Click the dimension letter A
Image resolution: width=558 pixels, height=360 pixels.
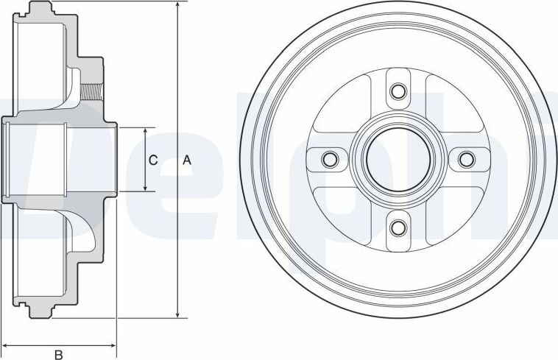[187, 160]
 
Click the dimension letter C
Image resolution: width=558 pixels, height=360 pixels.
[154, 160]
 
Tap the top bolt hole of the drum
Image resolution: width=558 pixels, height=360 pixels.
[398, 91]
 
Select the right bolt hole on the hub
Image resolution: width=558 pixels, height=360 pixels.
[466, 159]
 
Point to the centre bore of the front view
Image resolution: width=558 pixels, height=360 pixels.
[398, 159]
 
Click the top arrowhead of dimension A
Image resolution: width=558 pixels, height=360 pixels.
[177, 6]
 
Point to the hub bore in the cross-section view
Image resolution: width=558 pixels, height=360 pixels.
[37, 160]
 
